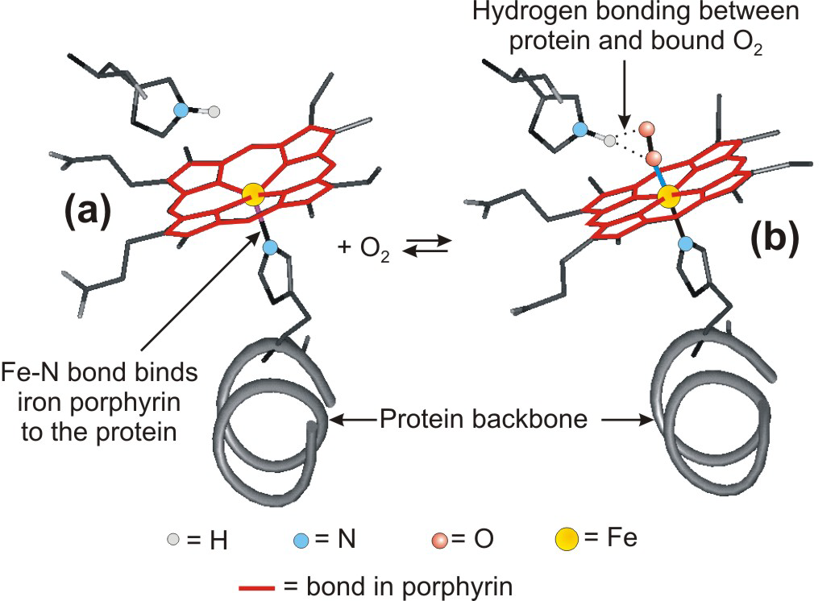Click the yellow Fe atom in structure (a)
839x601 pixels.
pos(253,193)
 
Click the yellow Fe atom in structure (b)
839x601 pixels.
pos(668,196)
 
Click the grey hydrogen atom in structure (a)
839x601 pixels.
pos(214,112)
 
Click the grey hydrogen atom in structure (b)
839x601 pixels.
pos(610,141)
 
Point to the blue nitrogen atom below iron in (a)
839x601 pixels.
pos(269,246)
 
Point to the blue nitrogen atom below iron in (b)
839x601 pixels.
pos(685,242)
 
